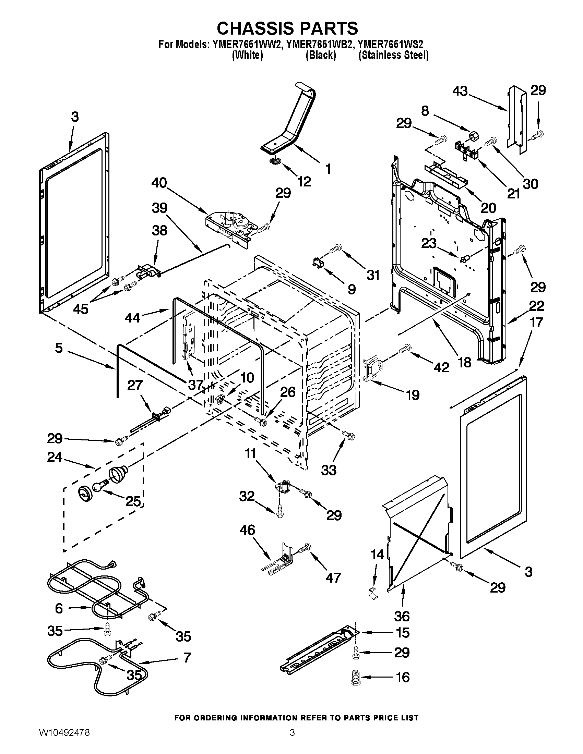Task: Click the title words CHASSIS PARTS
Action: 287,28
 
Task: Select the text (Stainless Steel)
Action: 393,55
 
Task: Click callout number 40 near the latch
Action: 159,183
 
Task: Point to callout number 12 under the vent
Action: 304,181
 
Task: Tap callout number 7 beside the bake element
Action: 187,658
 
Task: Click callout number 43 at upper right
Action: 460,91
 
